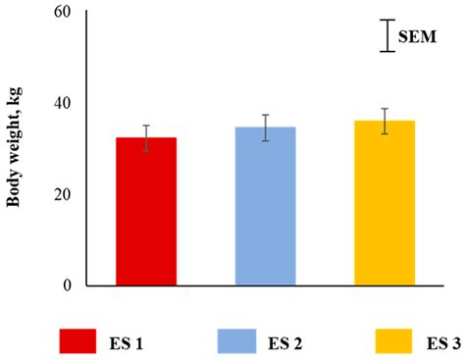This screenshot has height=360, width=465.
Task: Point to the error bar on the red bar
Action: (x=146, y=138)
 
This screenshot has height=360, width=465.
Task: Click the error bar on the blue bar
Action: (x=265, y=128)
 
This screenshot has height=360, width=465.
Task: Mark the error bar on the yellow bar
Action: (x=384, y=121)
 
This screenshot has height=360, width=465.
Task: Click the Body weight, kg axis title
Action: (x=16, y=147)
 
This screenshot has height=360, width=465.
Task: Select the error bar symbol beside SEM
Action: (x=387, y=35)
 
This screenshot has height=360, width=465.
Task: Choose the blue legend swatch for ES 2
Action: (x=244, y=340)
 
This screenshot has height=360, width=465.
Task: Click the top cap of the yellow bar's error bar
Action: (x=384, y=109)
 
